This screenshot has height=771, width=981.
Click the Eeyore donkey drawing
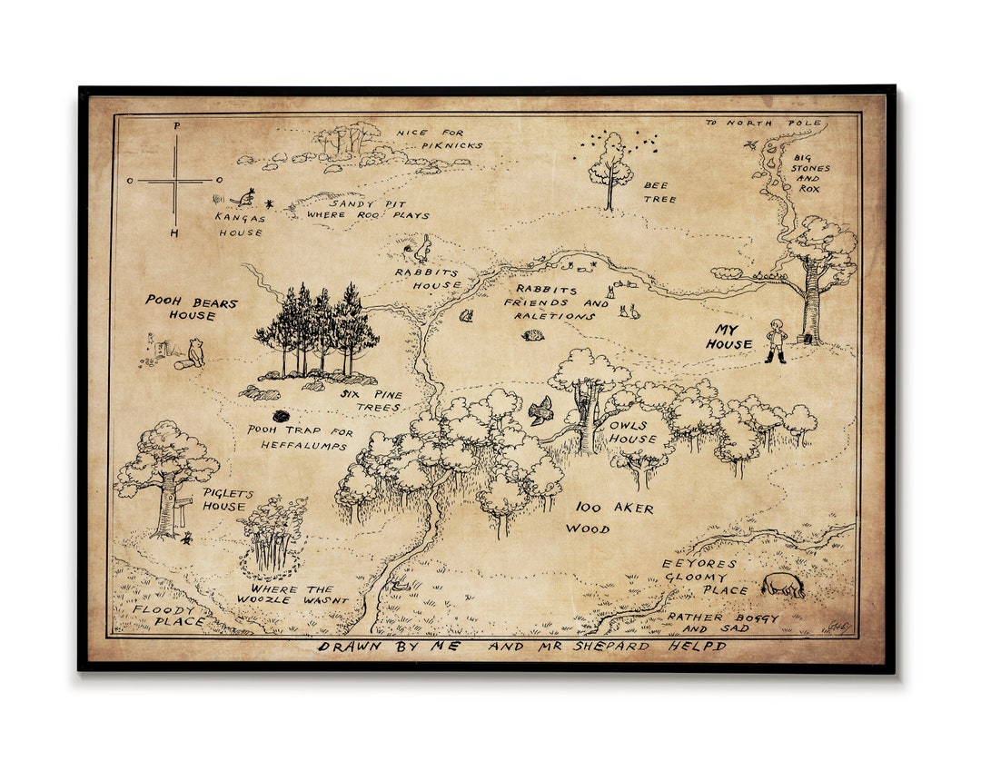pos(782,585)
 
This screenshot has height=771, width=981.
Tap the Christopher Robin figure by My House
pos(776,341)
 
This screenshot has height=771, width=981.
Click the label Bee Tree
pos(660,192)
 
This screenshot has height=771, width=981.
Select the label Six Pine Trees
pos(371,401)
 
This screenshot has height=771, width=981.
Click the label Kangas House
pos(240,224)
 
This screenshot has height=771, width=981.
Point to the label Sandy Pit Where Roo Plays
pos(368,210)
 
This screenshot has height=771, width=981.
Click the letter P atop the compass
pos(176,126)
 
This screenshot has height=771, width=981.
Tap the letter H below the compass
pos(175,233)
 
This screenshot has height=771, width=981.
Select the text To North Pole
pos(763,123)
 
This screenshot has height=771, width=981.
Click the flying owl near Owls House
pos(540,410)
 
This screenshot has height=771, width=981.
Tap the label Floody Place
pos(164,616)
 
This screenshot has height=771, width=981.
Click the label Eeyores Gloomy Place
pos(699,577)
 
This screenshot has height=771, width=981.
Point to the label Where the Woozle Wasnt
pos(292,594)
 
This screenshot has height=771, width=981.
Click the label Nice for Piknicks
pos(439,139)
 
